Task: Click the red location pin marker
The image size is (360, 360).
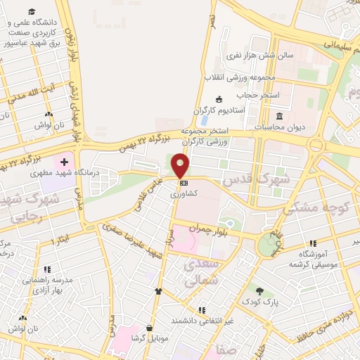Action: click(x=181, y=165)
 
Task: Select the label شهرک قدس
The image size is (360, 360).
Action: click(x=247, y=179)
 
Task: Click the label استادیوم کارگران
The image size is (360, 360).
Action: click(x=219, y=110)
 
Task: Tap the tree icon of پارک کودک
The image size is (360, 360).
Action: click(x=259, y=290)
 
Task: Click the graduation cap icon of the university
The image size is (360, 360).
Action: click(x=32, y=12)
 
